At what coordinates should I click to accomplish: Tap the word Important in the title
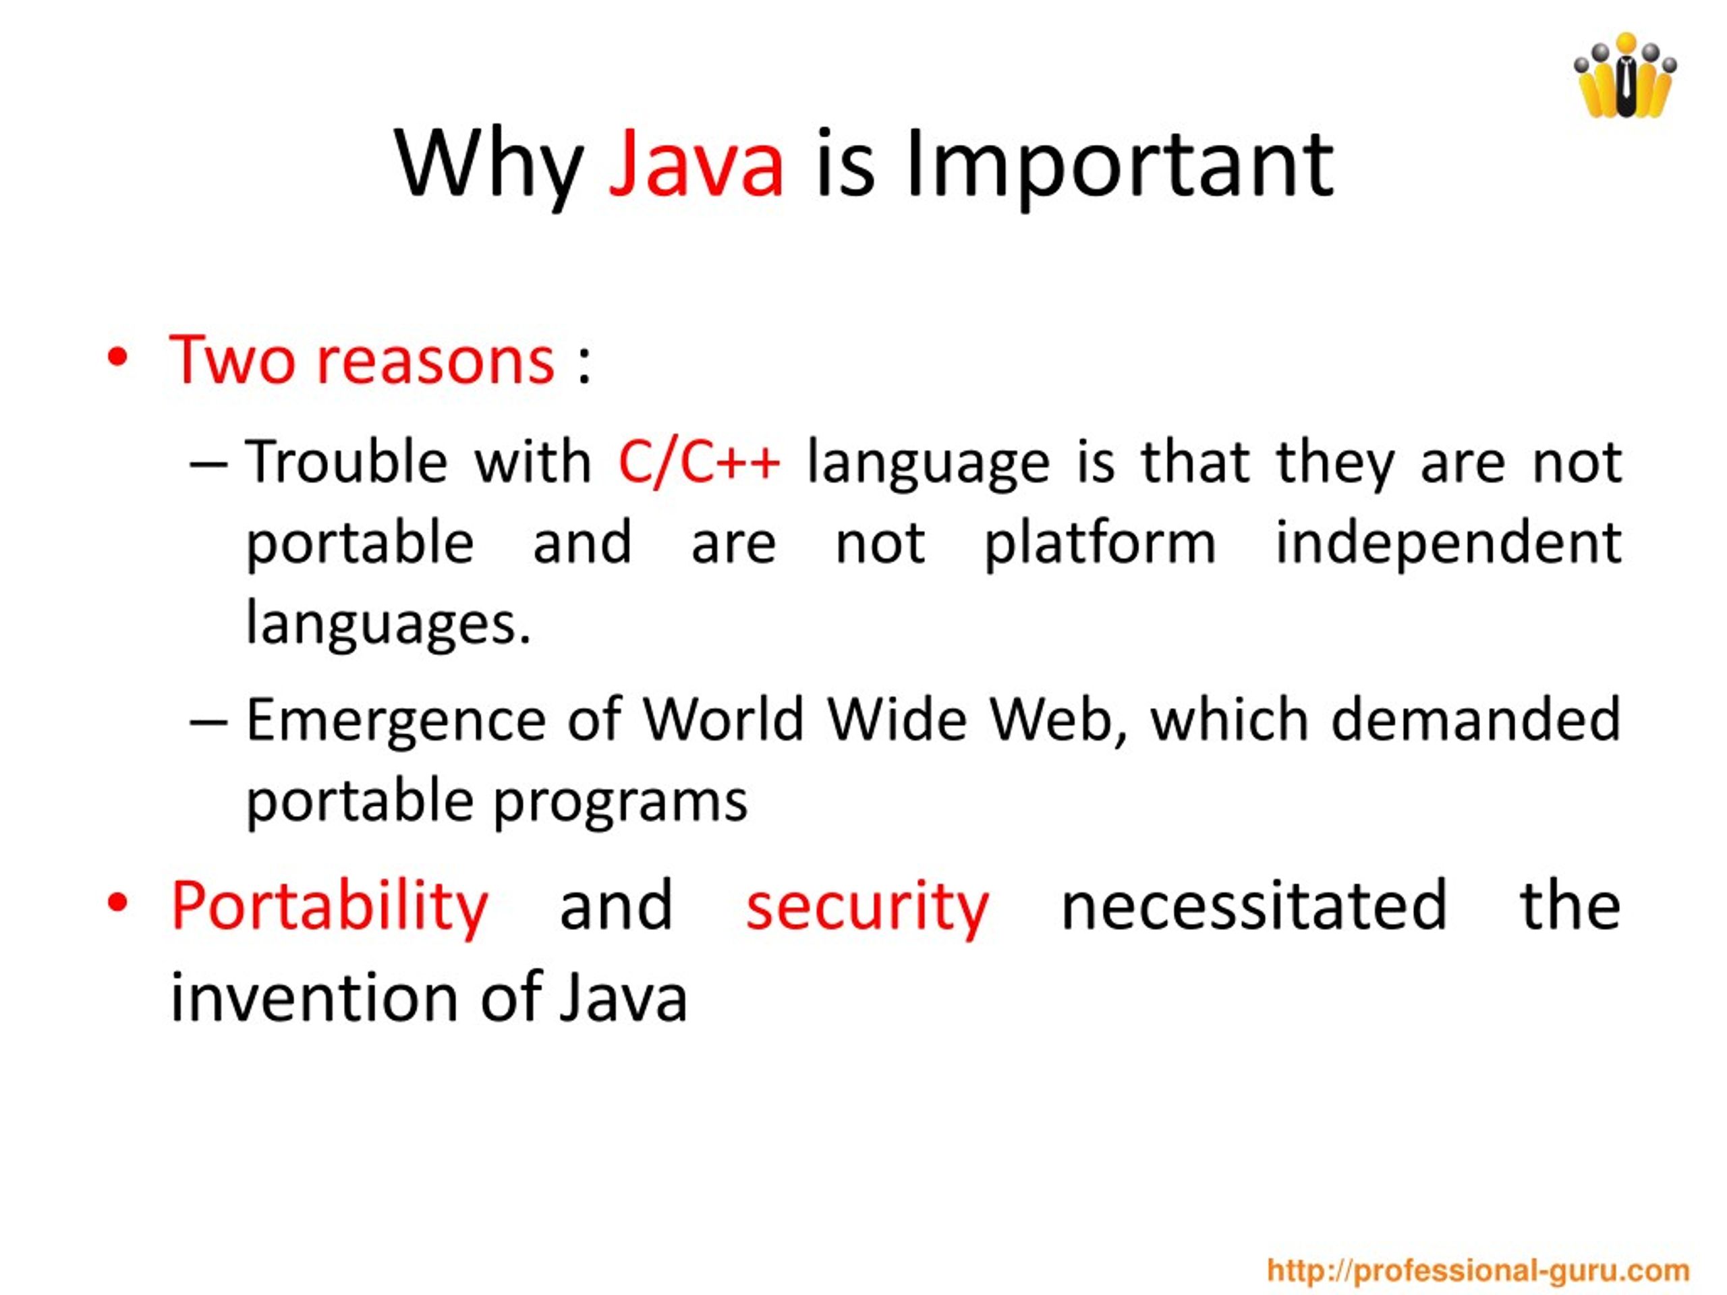(x=1118, y=165)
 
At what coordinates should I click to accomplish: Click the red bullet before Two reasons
(x=117, y=358)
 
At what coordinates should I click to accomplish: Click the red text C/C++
(x=699, y=462)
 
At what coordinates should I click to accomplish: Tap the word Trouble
(x=347, y=462)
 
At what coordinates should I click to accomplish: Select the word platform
(x=1100, y=544)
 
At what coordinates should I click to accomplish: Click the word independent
(x=1448, y=544)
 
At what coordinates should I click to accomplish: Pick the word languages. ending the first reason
(x=388, y=625)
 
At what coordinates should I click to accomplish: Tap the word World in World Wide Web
(x=723, y=720)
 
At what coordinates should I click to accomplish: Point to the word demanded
(x=1475, y=720)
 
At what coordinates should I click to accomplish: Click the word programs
(x=621, y=803)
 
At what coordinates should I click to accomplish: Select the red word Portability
(x=329, y=906)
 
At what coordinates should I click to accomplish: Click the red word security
(x=867, y=906)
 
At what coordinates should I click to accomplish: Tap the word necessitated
(x=1254, y=906)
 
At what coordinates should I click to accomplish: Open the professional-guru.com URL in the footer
(x=1477, y=1270)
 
